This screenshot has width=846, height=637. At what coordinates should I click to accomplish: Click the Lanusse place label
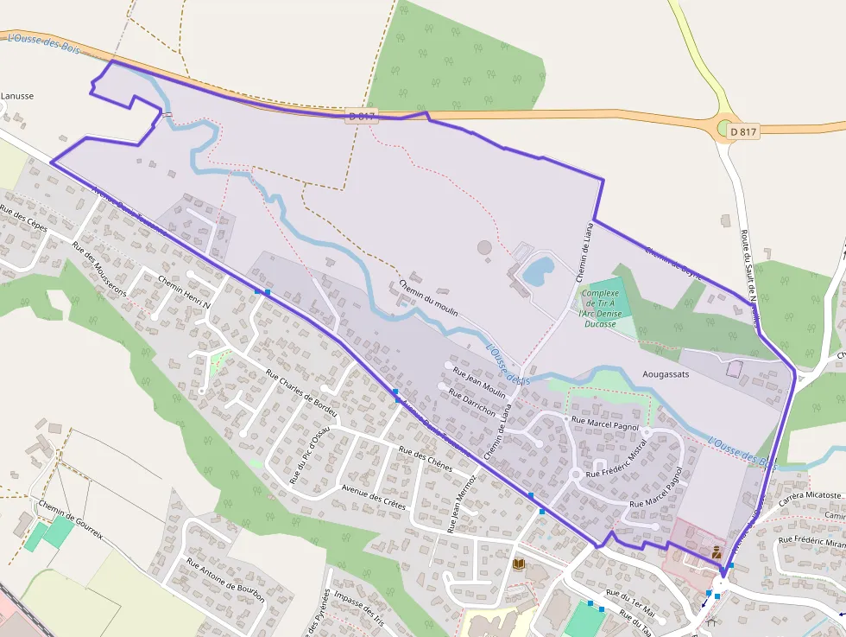(17, 96)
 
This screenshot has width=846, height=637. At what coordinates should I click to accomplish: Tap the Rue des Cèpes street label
(23, 220)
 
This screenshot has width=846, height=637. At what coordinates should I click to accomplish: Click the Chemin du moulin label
(428, 296)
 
